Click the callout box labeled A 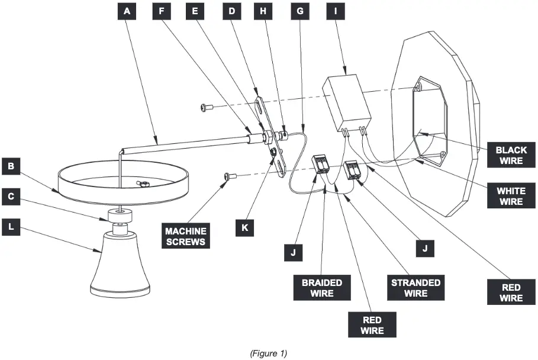tap(126, 11)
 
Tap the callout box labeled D tap(231, 11)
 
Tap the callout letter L tap(11, 225)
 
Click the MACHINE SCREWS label tap(186, 236)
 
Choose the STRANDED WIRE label tap(416, 288)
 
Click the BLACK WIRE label tap(511, 155)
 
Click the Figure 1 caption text tap(268, 353)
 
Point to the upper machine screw tap(207, 107)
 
